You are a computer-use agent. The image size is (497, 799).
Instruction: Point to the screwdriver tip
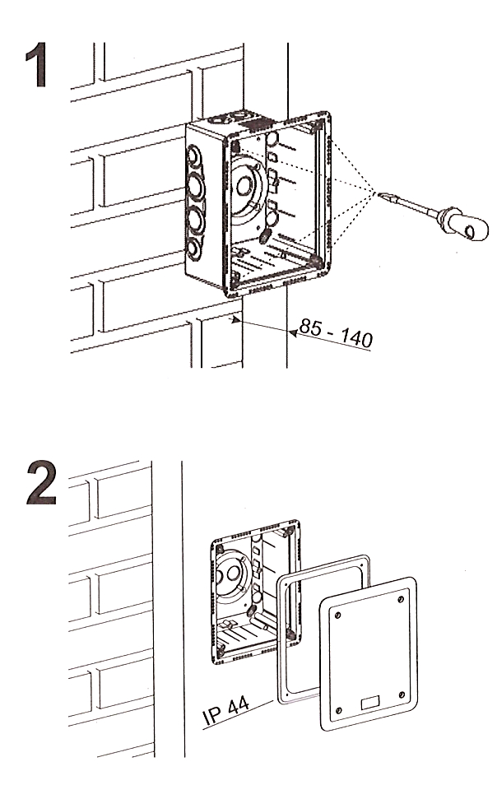[383, 194]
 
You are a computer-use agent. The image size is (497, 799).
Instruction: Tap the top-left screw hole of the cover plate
[339, 611]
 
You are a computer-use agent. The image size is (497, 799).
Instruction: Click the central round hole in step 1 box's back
[244, 185]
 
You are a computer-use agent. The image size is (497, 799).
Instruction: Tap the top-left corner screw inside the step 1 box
[236, 146]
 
